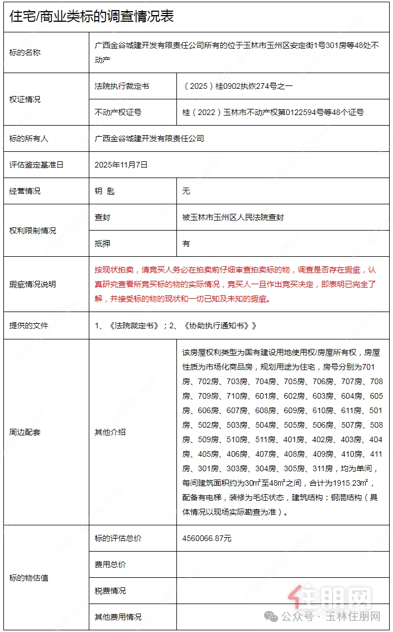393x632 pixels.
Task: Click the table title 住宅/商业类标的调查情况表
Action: pos(92,16)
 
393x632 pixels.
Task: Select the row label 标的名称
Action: pos(25,52)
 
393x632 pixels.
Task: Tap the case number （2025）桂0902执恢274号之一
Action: pos(238,86)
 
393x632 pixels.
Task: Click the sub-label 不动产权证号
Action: pos(118,112)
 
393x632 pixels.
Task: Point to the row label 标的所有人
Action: pos(29,138)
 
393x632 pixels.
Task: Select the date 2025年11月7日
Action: pos(121,165)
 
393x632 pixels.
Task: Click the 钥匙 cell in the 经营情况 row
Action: pos(105,191)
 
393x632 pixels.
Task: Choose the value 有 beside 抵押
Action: pos(186,243)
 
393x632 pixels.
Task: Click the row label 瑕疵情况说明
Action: pos(33,284)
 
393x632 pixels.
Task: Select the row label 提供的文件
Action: pos(29,325)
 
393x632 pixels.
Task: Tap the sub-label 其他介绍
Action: pos(111,432)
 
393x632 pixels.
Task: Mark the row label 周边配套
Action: pos(25,432)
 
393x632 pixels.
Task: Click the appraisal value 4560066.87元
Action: pos(207,538)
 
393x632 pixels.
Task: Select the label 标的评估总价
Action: pos(118,538)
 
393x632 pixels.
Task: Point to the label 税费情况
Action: pos(111,591)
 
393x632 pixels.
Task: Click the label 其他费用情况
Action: pos(118,617)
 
